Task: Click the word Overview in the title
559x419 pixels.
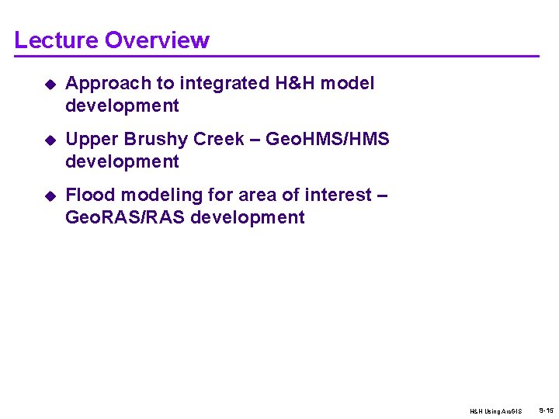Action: click(157, 40)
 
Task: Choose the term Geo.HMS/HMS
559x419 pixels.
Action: click(327, 140)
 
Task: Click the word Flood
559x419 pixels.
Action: click(89, 196)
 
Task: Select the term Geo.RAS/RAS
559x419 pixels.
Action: click(125, 217)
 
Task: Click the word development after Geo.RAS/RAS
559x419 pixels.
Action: click(247, 217)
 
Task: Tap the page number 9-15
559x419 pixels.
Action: click(545, 410)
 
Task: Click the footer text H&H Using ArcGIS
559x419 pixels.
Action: click(495, 411)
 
